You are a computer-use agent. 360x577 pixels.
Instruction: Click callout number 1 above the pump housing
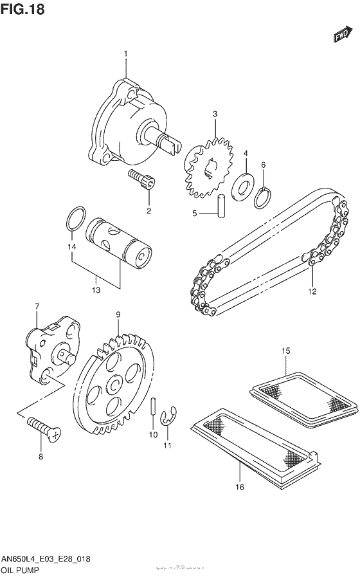click(x=126, y=53)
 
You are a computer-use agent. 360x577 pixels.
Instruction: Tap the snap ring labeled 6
click(x=262, y=196)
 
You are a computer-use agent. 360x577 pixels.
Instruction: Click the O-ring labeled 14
click(x=75, y=218)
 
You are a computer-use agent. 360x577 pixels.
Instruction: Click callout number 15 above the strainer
click(x=286, y=350)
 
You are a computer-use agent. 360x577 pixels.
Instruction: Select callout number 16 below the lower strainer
click(x=239, y=487)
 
